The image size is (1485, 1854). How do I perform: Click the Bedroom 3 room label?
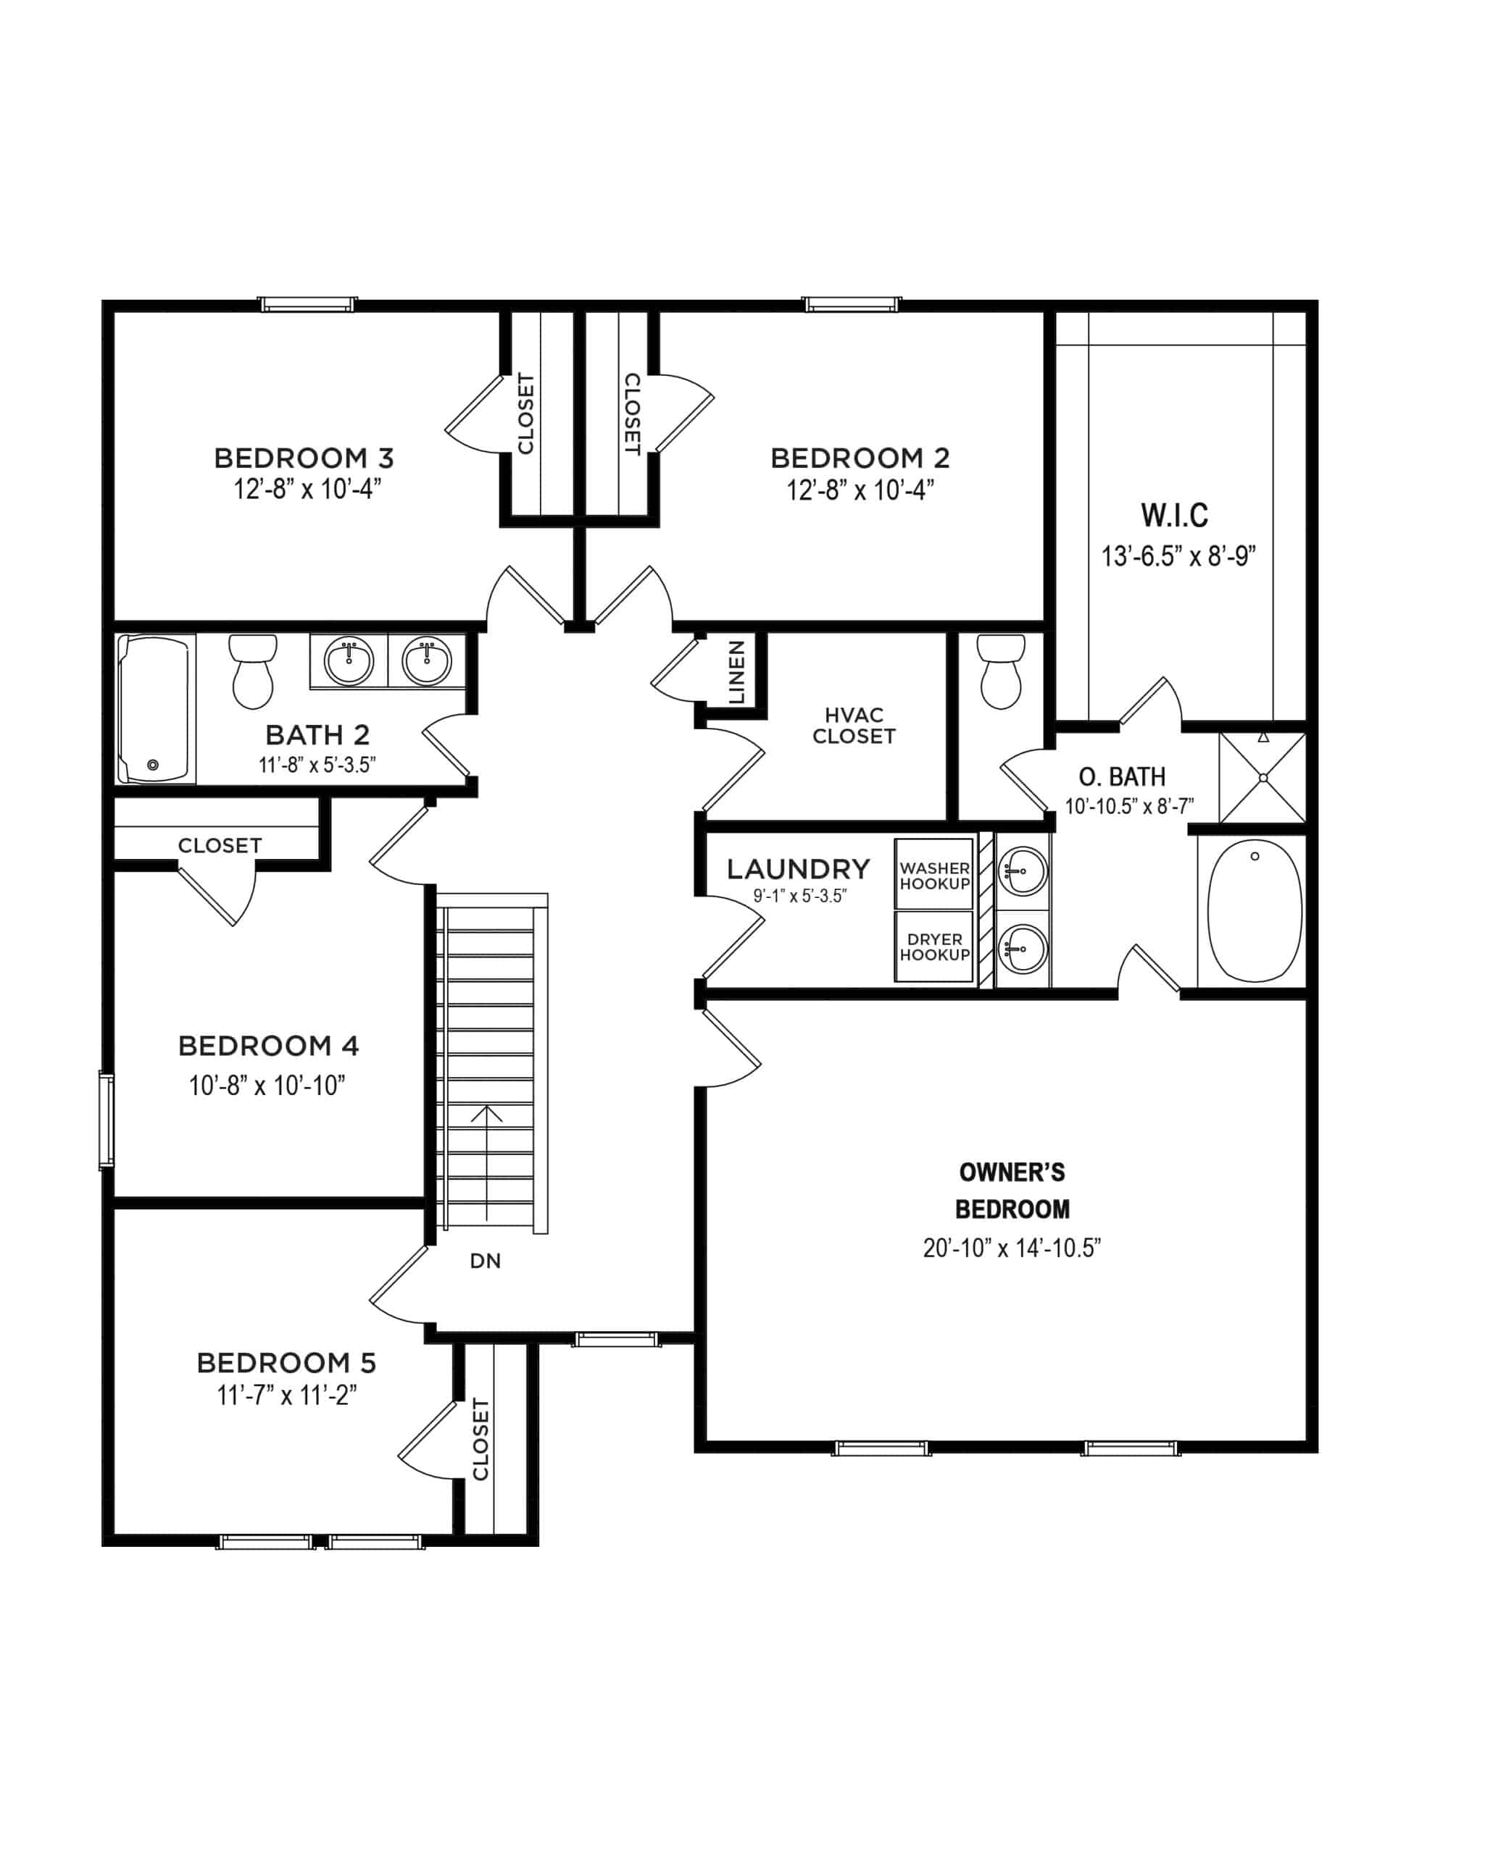click(x=304, y=458)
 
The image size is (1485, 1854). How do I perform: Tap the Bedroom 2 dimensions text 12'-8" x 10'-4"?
click(x=860, y=490)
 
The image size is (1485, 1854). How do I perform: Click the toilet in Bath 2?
click(x=253, y=671)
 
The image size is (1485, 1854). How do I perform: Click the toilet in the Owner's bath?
click(x=1002, y=671)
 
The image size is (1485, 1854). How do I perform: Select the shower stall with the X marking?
click(x=1263, y=777)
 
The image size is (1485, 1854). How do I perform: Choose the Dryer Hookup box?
click(x=934, y=947)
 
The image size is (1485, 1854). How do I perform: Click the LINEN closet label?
click(x=736, y=673)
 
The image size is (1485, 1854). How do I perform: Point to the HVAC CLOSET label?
click(x=854, y=726)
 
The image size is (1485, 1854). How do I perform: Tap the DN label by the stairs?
click(x=486, y=1262)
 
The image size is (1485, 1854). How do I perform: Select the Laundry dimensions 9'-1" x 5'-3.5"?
click(x=800, y=896)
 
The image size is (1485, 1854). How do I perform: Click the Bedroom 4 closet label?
click(x=220, y=845)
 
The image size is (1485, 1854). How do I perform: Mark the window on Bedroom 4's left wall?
click(x=106, y=1120)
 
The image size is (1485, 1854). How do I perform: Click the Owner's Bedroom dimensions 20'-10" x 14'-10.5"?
click(x=1012, y=1248)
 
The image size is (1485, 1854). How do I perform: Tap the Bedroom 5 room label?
click(x=286, y=1363)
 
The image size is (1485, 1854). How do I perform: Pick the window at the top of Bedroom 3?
click(x=308, y=304)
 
